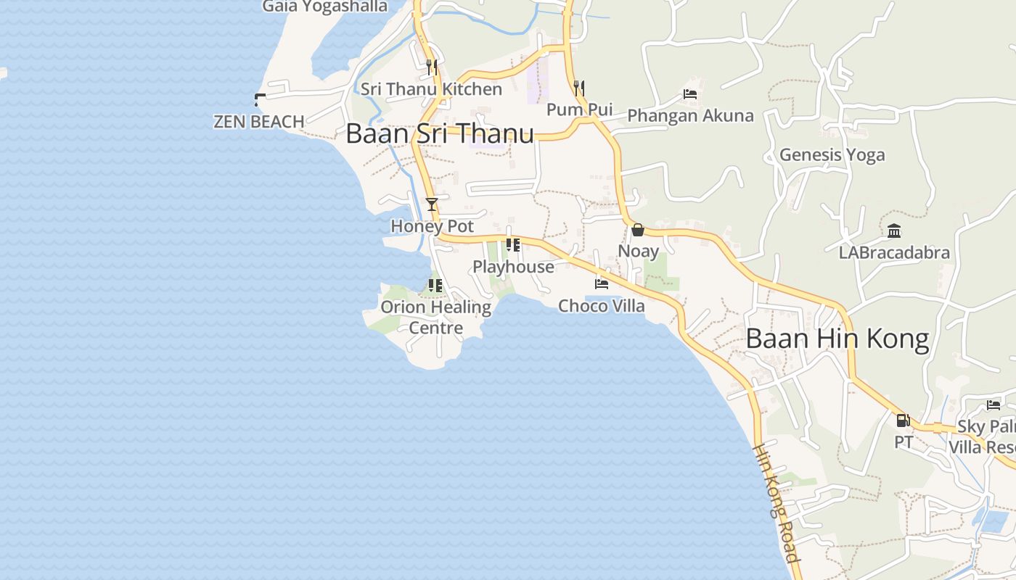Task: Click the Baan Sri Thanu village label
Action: (440, 133)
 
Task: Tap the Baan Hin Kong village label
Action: (837, 339)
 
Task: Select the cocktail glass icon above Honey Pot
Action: (432, 204)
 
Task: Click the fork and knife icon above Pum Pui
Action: (579, 88)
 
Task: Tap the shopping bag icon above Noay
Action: (638, 230)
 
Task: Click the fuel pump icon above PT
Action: (904, 420)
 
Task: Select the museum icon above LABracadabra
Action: (894, 231)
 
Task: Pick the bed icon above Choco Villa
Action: (602, 284)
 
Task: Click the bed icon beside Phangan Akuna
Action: (690, 94)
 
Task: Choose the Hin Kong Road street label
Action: (776, 503)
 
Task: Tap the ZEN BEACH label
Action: (259, 122)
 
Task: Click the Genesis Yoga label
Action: (832, 154)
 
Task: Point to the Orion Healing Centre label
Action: (436, 317)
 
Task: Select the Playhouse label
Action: (514, 267)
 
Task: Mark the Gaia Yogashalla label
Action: (325, 7)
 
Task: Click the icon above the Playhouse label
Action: (514, 245)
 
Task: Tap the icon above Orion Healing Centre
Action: (435, 285)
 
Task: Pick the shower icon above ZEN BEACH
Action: (260, 100)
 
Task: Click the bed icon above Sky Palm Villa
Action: (994, 405)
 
